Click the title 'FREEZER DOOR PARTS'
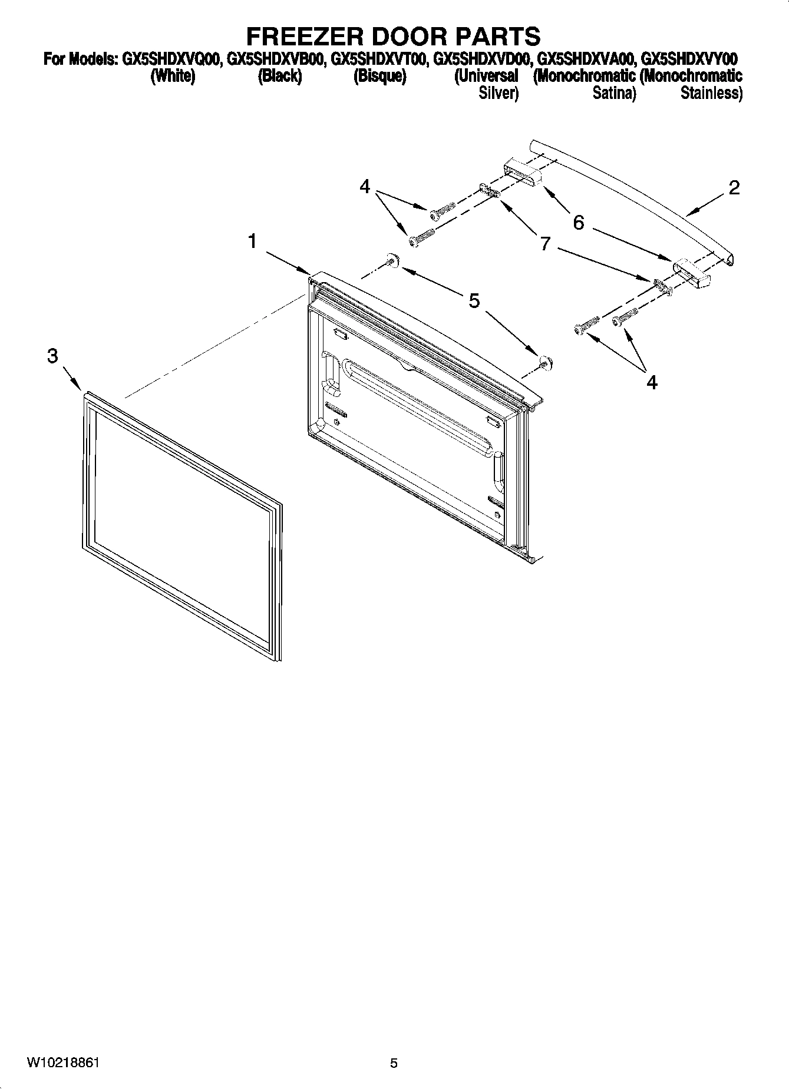pos(393,37)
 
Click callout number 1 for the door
pos(252,241)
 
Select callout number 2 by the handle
pos(734,188)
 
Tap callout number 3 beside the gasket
pos(53,356)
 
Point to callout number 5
pos(474,301)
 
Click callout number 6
pos(579,222)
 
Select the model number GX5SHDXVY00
pos(689,59)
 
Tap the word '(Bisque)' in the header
pos(379,77)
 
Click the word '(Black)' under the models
pos(280,77)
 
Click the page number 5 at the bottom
pos(394,1063)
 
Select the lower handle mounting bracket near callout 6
pos(692,273)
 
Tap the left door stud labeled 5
pos(391,260)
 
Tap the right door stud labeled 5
pos(546,362)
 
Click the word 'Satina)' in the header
pos(614,93)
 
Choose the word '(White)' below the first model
pos(173,77)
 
